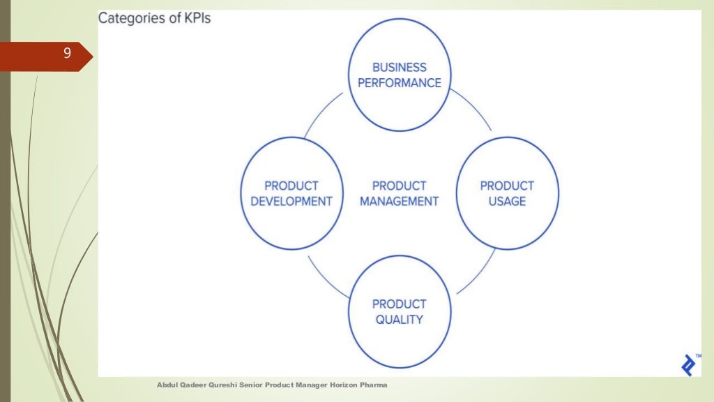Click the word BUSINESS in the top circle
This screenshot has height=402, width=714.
coord(399,68)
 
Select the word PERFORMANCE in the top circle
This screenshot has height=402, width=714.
coord(399,82)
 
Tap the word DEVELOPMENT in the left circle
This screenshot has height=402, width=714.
coord(291,201)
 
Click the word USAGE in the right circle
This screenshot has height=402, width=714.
coord(507,201)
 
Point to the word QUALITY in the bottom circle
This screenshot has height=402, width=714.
coord(399,319)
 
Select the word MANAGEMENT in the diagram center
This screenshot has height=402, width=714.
coord(399,201)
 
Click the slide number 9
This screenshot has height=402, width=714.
coord(67,53)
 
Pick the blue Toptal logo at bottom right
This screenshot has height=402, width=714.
coord(689,365)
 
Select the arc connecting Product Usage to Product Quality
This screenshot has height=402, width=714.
coord(477,275)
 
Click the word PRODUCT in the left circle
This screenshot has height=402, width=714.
coord(291,186)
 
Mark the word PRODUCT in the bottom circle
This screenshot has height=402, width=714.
coord(399,304)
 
